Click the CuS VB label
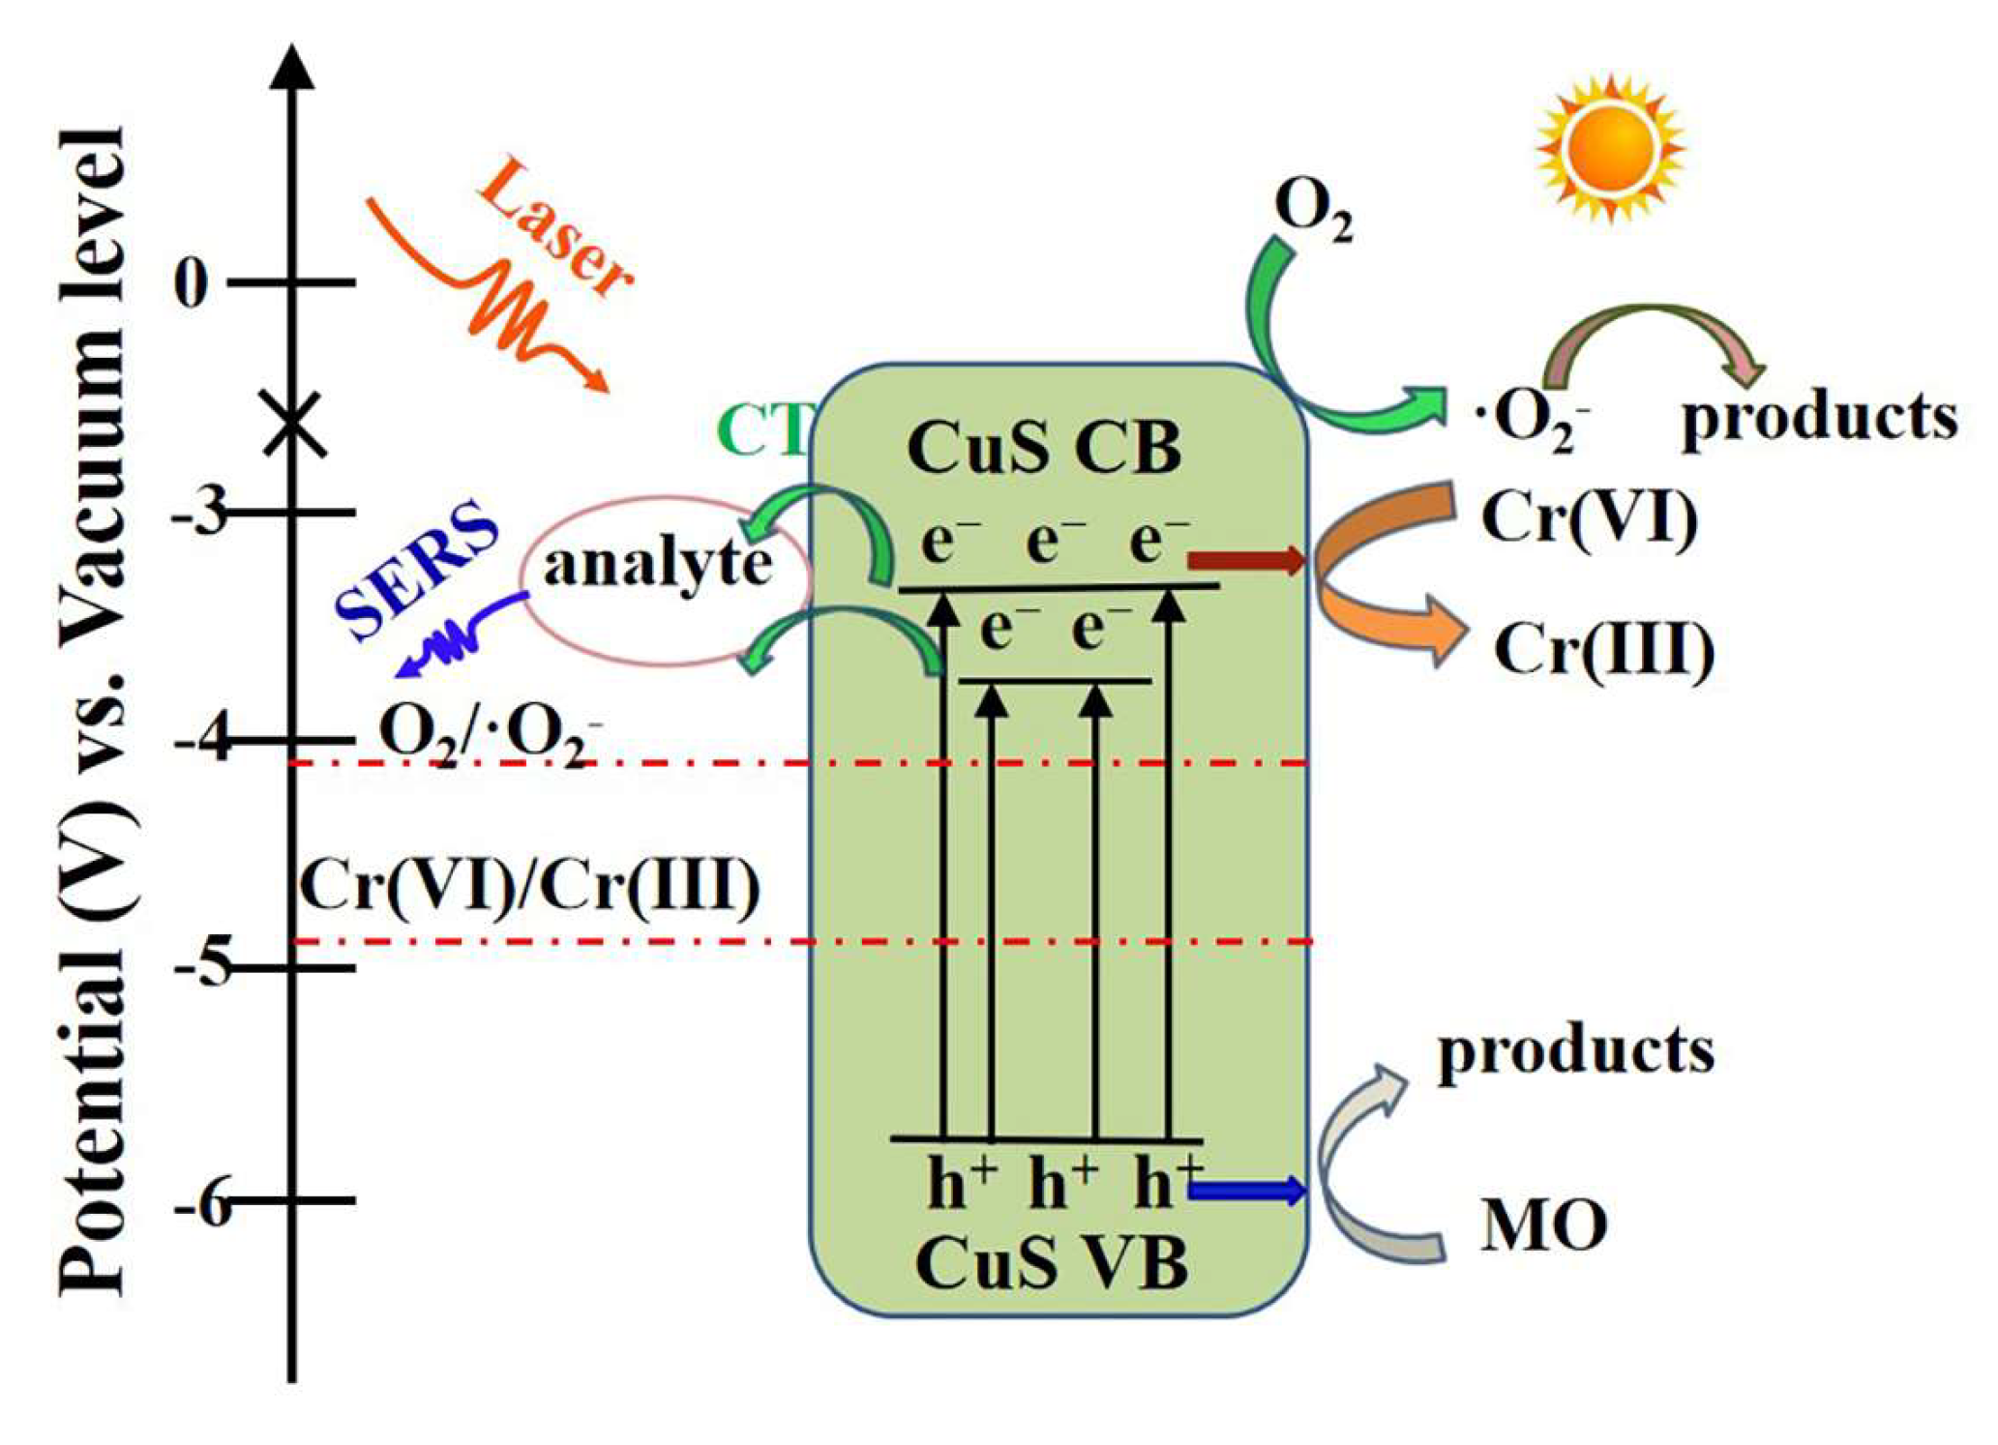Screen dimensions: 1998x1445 [1052, 1263]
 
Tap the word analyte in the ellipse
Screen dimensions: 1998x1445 [658, 563]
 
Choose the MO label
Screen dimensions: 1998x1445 [1544, 1225]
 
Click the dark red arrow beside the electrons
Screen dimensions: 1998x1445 [1246, 559]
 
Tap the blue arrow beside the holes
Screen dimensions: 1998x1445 [1246, 1191]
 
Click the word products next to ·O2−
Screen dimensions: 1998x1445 [1820, 418]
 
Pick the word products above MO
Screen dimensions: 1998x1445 [1576, 1050]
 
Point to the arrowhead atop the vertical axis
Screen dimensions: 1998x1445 [291, 68]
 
